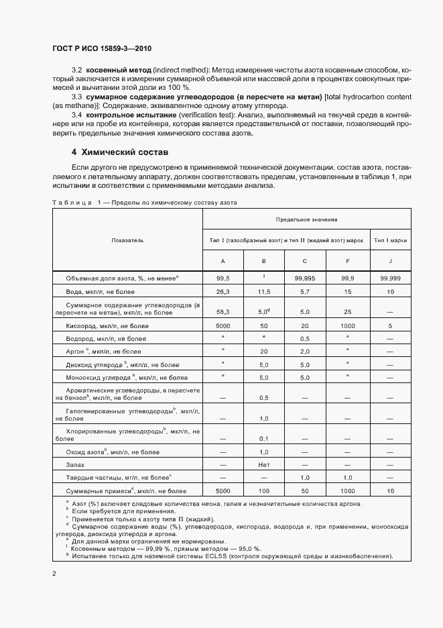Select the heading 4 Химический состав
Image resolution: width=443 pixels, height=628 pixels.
120,152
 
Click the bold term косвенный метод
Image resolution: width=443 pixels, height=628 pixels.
117,70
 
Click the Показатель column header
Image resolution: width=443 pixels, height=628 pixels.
127,240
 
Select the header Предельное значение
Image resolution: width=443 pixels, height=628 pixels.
306,219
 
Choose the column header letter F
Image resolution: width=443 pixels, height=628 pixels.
346,260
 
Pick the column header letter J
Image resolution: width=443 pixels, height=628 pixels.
389,260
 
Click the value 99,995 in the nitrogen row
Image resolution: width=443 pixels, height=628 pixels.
306,277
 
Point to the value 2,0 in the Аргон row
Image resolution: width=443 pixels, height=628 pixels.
306,351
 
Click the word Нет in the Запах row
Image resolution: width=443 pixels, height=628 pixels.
264,464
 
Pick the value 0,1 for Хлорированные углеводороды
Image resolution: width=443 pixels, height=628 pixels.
264,438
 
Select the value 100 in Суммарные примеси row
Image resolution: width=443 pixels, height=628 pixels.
264,490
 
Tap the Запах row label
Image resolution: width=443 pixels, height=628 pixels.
75,464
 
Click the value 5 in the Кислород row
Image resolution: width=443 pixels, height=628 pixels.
389,325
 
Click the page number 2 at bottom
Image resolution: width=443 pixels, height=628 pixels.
54,574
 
